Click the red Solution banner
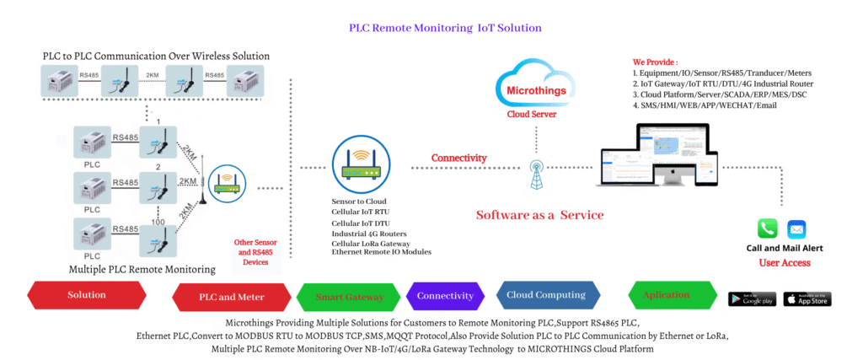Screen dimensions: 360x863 (x=87, y=295)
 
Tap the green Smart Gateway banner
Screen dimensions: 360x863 (x=349, y=297)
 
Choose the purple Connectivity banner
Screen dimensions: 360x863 (x=445, y=296)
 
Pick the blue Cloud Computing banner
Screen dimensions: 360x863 (x=545, y=295)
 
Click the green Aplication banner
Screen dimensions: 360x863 (x=666, y=296)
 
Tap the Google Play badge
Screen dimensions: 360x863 (x=752, y=298)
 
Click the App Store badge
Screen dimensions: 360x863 (x=807, y=298)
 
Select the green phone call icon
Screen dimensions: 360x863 (x=768, y=228)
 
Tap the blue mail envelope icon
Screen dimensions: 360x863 (x=796, y=228)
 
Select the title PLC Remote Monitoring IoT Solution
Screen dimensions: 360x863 (x=445, y=28)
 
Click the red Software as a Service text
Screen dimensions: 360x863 (x=539, y=215)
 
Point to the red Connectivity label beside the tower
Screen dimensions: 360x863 (x=458, y=158)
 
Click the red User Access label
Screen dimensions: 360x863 (x=785, y=263)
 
